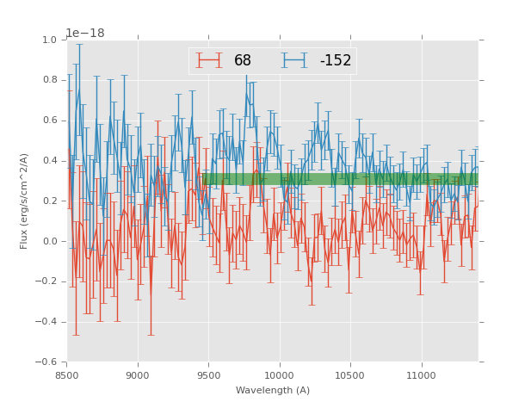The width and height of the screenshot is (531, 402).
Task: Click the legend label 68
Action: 243,61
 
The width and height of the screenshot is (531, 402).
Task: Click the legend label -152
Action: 336,61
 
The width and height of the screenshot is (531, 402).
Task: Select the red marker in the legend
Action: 208,60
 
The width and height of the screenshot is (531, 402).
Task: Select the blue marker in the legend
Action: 294,60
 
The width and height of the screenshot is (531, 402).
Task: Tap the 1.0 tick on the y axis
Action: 50,40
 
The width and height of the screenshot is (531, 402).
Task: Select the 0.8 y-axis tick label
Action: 50,80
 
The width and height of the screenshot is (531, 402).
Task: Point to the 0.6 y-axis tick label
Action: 50,121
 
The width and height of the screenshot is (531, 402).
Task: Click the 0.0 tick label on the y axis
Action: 50,242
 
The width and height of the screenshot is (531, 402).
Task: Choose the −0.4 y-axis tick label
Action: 47,322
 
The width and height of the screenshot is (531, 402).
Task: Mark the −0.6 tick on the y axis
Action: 47,362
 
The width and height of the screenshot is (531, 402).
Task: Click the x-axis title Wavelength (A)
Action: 273,391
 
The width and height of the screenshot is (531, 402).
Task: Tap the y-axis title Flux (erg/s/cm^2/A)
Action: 25,201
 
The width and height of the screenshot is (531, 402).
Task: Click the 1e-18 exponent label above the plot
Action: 86,34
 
